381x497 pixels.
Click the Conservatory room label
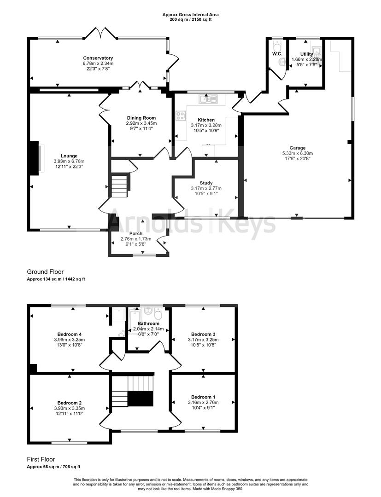(98, 58)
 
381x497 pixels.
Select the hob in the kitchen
(181, 116)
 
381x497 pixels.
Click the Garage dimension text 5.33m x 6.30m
(297, 154)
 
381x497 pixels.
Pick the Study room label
(206, 183)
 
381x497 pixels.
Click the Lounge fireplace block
(34, 158)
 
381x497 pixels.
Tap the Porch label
(135, 234)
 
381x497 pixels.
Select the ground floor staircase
(118, 185)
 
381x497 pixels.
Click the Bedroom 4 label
(70, 334)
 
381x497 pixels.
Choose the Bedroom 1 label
(203, 397)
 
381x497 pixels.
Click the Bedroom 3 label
(203, 334)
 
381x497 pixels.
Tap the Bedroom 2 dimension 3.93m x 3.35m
(70, 408)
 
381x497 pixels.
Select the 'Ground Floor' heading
(45, 272)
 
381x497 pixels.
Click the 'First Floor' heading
(41, 459)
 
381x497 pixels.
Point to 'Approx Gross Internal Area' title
(190, 15)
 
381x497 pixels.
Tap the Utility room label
(306, 54)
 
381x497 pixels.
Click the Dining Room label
(141, 118)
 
